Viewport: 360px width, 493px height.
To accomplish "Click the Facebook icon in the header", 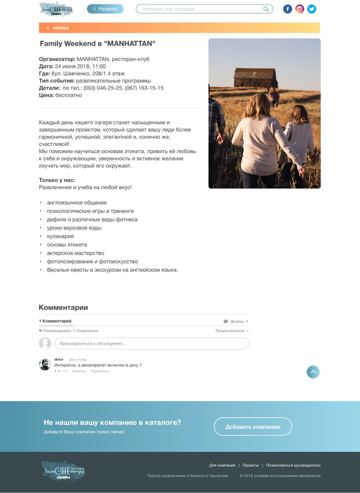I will [x=288, y=9].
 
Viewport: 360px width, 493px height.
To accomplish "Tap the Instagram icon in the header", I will [x=300, y=9].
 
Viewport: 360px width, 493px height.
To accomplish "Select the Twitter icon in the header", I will [x=311, y=9].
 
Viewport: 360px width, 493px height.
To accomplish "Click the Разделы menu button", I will [x=105, y=9].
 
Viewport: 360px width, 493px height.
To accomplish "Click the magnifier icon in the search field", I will [x=266, y=9].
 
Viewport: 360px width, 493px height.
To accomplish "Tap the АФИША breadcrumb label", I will [x=61, y=28].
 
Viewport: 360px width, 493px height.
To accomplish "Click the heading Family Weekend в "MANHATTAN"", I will [x=97, y=44].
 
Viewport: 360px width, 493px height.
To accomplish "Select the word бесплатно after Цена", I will [x=68, y=95].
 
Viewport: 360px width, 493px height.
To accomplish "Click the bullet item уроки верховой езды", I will [x=74, y=228].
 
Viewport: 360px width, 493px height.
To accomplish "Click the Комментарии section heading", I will [x=63, y=307].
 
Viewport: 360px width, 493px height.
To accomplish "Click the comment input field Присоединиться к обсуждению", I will [x=151, y=343].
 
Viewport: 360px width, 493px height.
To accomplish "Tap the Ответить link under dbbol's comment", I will [x=79, y=371].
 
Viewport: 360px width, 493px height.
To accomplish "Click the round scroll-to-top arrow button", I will [x=313, y=372].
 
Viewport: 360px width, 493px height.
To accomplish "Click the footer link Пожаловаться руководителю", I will [x=293, y=465].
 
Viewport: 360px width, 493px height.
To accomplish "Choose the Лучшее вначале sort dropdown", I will [x=231, y=331].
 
